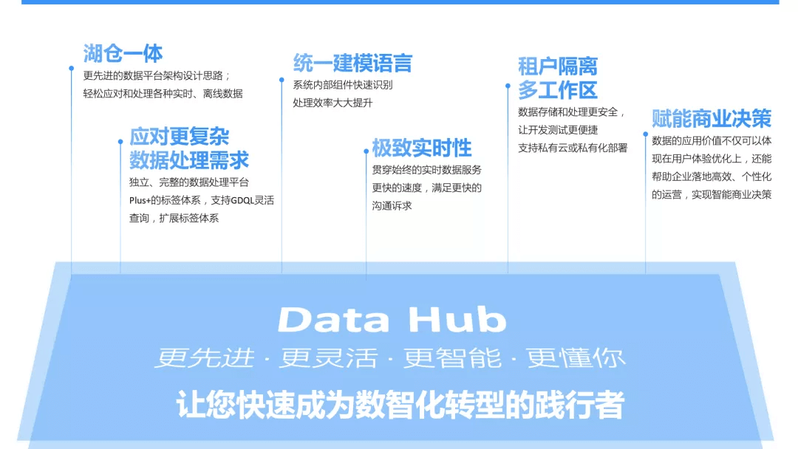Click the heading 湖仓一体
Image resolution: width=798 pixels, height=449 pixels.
(x=123, y=53)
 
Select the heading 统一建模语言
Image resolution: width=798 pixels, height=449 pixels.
(x=352, y=63)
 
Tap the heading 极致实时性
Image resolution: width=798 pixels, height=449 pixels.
(x=421, y=148)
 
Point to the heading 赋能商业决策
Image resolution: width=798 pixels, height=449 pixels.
(x=711, y=118)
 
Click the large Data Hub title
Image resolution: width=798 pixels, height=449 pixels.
(x=392, y=321)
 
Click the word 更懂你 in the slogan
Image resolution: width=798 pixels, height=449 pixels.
(x=576, y=358)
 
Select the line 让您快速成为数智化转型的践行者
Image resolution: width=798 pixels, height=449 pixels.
(x=400, y=405)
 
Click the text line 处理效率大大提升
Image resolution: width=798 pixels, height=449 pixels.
(x=332, y=103)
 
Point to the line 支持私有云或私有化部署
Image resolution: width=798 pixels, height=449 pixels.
(x=573, y=148)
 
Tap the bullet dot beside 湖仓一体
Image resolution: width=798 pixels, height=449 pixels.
(x=72, y=68)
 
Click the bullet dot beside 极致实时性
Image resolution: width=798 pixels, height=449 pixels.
(x=366, y=151)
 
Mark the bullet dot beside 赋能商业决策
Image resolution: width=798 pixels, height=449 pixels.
(x=645, y=134)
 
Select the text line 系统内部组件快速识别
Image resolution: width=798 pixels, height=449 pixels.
(x=342, y=84)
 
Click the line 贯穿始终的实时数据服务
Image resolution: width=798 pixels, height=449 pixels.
(x=426, y=170)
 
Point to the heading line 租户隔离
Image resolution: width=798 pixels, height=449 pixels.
(x=557, y=66)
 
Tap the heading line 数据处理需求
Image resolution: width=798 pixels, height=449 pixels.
(x=189, y=160)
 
